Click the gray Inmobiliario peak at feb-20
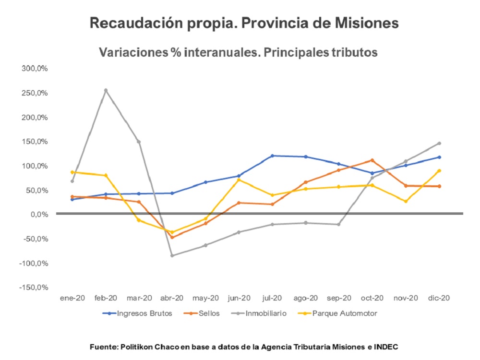pos(106,90)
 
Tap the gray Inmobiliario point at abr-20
pos(172,255)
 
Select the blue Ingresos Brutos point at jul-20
pos(272,156)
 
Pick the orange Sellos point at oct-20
pos(372,160)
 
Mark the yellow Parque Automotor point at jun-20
pos(239,180)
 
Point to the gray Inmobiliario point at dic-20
pos(439,143)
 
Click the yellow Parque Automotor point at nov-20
pos(406,201)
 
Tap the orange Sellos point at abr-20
pos(172,237)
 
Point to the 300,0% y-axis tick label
pos(35,69)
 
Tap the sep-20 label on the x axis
pos(338,298)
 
